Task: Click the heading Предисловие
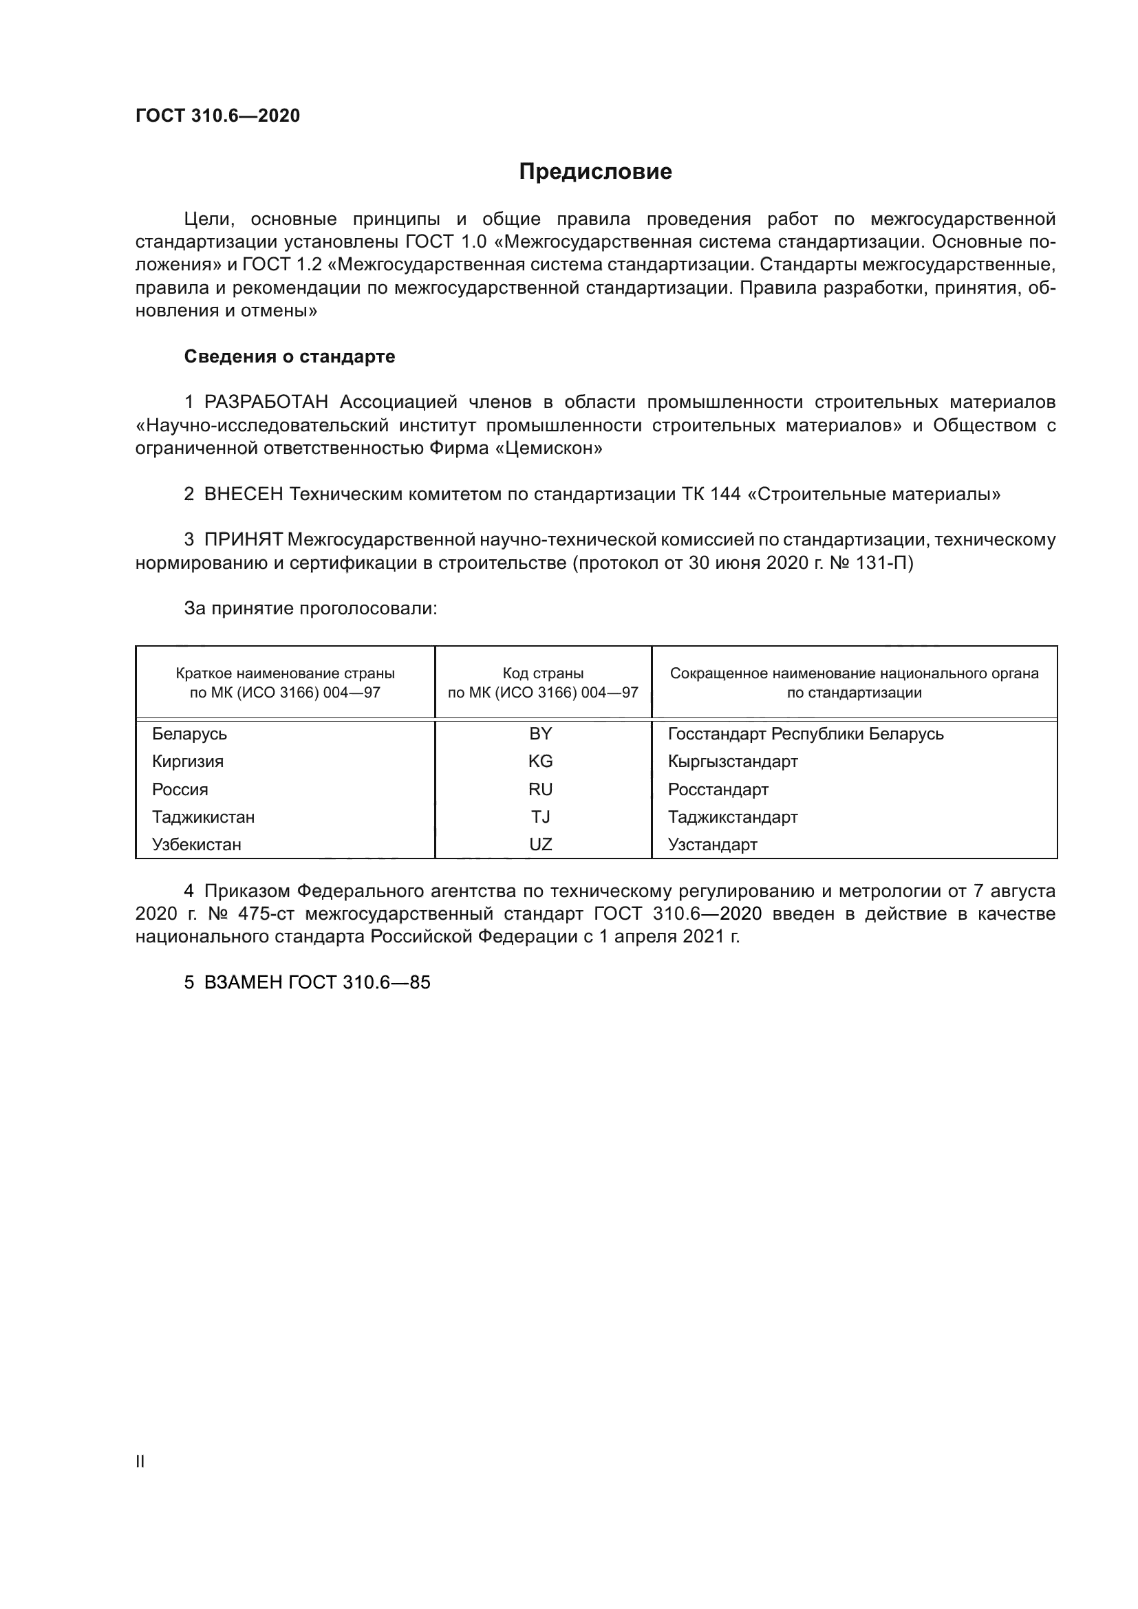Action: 595,172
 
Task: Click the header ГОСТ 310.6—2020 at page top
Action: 217,116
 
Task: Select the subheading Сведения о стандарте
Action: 290,356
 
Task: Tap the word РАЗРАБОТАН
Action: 266,402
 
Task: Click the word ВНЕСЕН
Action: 243,494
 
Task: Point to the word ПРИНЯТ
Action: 243,539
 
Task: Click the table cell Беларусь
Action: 189,734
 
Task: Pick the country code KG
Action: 540,761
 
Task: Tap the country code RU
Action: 540,789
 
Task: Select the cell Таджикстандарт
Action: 732,817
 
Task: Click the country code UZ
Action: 540,845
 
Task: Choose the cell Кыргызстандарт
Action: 732,761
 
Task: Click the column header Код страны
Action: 543,673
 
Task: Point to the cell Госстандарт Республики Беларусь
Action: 805,734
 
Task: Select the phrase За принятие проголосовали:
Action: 310,608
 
